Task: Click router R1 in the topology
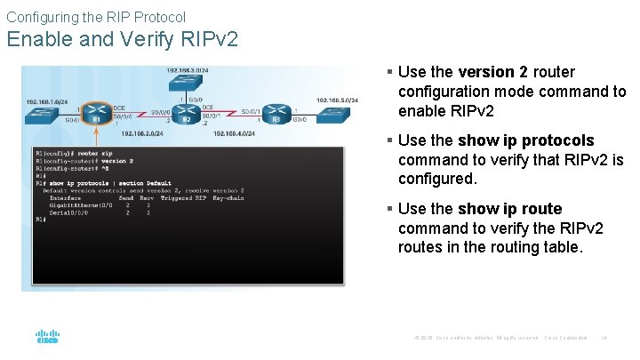[95, 117]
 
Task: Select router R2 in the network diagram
[187, 117]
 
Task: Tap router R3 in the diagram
[277, 117]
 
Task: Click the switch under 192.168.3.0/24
[187, 83]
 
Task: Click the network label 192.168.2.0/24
[141, 133]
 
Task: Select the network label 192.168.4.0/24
[234, 133]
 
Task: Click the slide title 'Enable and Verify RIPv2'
[122, 40]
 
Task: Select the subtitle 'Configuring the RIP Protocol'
[96, 17]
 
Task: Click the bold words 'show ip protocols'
[525, 140]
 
